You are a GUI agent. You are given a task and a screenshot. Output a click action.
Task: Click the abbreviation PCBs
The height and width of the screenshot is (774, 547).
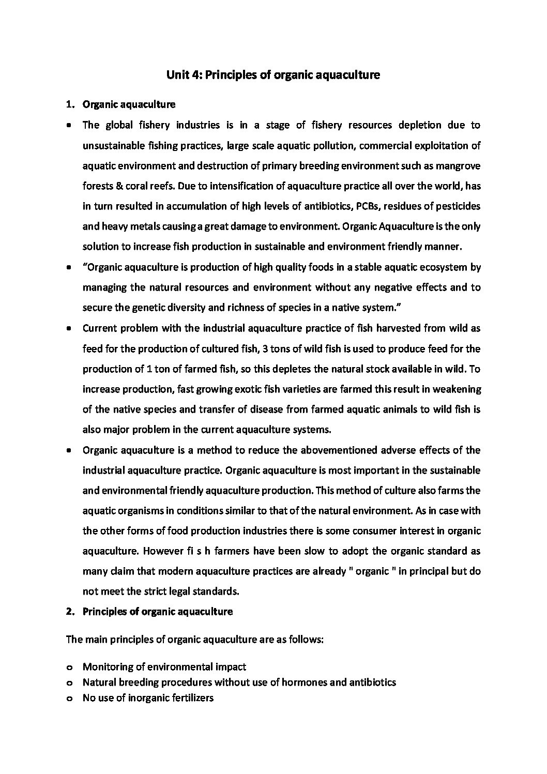pos(367,206)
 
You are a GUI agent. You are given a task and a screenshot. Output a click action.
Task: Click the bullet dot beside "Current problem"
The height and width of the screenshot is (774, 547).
pos(69,329)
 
